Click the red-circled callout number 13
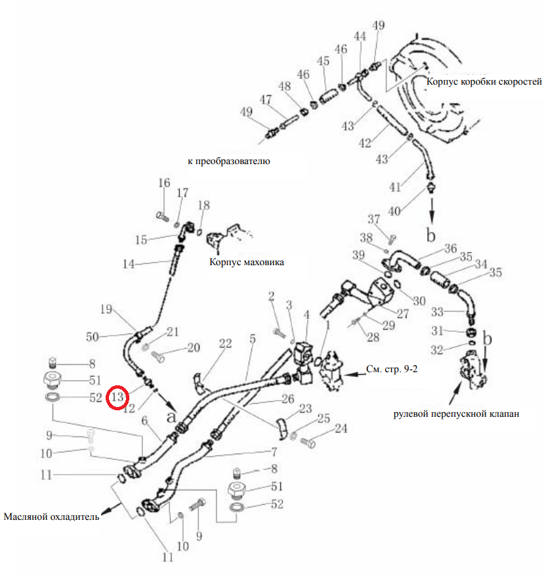click(x=117, y=397)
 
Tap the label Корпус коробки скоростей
click(x=484, y=81)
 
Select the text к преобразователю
click(x=229, y=161)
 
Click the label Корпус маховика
click(x=246, y=262)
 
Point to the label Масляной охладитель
click(x=51, y=517)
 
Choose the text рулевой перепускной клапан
click(x=456, y=414)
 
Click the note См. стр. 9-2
click(x=392, y=369)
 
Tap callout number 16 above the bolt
click(x=164, y=183)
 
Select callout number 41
click(x=395, y=187)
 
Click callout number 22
click(x=226, y=344)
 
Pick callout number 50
click(x=93, y=337)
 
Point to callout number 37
click(x=373, y=219)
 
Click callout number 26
click(x=288, y=399)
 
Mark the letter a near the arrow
click(x=171, y=417)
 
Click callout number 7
click(x=274, y=452)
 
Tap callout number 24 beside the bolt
click(x=341, y=429)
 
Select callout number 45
click(x=324, y=61)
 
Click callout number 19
click(x=106, y=309)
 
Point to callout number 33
click(x=437, y=312)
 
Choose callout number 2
click(x=272, y=297)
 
